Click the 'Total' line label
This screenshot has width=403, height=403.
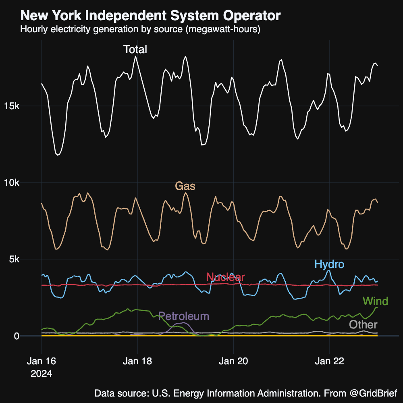[x=135, y=50]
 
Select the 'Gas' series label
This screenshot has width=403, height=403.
[x=185, y=186]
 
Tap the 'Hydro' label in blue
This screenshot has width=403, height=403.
[x=329, y=265]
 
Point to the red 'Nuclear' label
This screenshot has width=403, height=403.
[x=225, y=277]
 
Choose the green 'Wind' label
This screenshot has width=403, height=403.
[x=375, y=301]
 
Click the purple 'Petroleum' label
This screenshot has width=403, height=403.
[x=184, y=316]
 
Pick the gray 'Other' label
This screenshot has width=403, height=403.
[x=363, y=325]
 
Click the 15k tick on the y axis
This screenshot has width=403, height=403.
[x=12, y=106]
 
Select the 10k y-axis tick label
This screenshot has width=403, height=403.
[x=12, y=183]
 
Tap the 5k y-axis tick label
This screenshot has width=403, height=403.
[x=15, y=259]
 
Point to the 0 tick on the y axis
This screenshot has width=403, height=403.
[x=17, y=336]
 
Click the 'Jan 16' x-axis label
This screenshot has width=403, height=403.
[x=41, y=361]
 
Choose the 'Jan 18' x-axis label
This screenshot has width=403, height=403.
[x=137, y=361]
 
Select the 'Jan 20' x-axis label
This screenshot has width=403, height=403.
[x=234, y=361]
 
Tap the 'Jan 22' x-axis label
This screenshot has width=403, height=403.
[x=330, y=361]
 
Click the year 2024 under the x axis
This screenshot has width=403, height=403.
[x=41, y=374]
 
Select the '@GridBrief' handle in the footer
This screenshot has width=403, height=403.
[x=373, y=393]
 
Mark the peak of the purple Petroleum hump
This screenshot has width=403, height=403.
[x=184, y=323]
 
